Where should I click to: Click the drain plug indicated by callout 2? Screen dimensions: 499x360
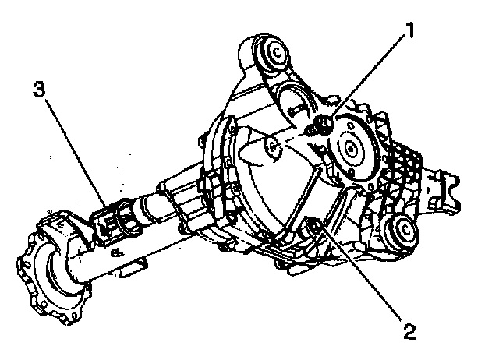point(313,226)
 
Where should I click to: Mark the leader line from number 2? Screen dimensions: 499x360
point(363,281)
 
